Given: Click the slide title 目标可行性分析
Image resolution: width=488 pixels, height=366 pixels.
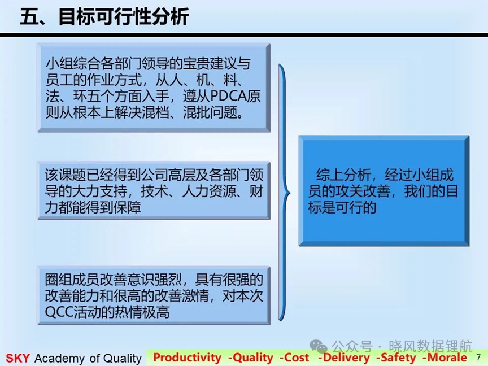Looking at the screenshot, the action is tap(124, 17).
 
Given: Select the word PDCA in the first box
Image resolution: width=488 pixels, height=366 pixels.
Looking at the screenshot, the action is tap(229, 96).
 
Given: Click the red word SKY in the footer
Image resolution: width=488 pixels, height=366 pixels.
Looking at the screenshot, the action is tap(18, 358).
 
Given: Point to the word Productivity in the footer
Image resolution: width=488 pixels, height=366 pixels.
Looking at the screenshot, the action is tap(187, 358).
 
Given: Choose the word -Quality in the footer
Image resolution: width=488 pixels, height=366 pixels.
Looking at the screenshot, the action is tap(251, 358).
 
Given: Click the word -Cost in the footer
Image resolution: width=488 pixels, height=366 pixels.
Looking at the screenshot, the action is tap(294, 358).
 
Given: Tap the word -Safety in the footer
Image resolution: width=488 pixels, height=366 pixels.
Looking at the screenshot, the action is tap(395, 358).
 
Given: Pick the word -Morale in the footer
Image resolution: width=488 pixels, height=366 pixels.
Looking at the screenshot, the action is tap(445, 358).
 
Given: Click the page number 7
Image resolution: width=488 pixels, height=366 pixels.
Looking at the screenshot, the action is tap(478, 357).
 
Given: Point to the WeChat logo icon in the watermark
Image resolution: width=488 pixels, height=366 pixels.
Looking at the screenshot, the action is tap(319, 346).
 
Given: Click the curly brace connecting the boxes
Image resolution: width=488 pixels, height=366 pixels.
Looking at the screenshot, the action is tap(284, 193).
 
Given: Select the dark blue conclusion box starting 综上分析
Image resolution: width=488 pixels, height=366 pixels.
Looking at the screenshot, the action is tap(384, 191).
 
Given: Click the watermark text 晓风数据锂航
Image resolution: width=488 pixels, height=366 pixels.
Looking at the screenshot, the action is tap(430, 346).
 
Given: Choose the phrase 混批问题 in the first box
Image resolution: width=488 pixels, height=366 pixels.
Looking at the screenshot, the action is tap(210, 112).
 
